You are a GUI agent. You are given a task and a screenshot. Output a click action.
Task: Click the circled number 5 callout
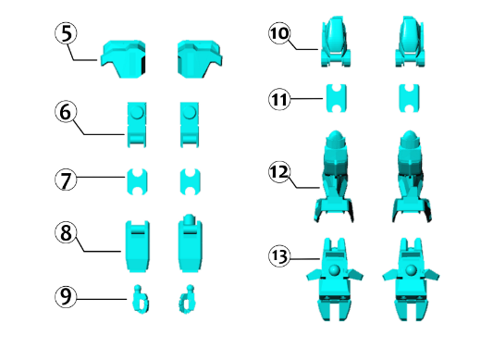[x=66, y=33]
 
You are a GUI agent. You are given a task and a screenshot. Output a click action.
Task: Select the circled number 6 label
[x=66, y=112]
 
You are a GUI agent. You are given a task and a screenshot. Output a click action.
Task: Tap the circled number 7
[x=66, y=180]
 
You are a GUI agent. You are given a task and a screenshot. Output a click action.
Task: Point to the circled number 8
[x=66, y=233]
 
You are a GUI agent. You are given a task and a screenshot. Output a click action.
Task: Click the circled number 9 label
[x=66, y=296]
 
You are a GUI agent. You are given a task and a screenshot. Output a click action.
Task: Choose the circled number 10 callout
[x=279, y=33]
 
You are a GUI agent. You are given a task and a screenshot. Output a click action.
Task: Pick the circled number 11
[x=279, y=99]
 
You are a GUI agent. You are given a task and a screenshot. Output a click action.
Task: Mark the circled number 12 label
[x=279, y=172]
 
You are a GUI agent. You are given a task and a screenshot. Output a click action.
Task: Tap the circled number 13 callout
[x=279, y=256]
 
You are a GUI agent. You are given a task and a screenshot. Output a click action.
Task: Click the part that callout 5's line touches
[x=123, y=59]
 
